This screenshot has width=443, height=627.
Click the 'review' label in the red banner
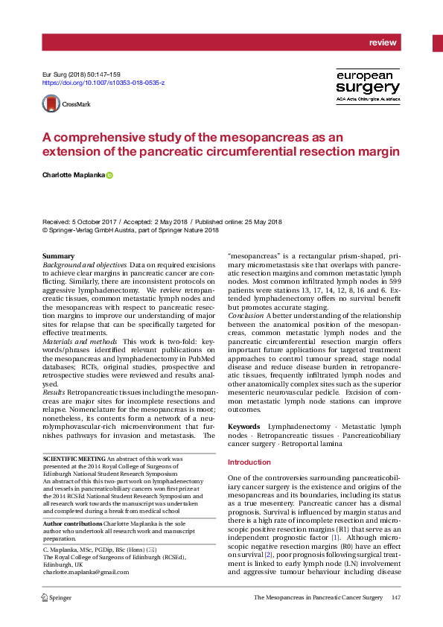pyautogui.click(x=383, y=42)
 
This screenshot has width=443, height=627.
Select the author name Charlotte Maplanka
pyautogui.click(x=72, y=175)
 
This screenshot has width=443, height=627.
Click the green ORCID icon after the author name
pyautogui.click(x=109, y=175)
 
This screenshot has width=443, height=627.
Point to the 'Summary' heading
pyautogui.click(x=59, y=256)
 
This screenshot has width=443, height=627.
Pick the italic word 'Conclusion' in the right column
pyautogui.click(x=246, y=316)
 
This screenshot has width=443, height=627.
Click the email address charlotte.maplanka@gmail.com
pyautogui.click(x=86, y=572)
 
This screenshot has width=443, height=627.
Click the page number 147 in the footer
pyautogui.click(x=396, y=597)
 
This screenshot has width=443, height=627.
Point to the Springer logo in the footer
pyautogui.click(x=56, y=597)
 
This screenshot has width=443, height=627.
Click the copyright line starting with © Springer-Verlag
pyautogui.click(x=130, y=231)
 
